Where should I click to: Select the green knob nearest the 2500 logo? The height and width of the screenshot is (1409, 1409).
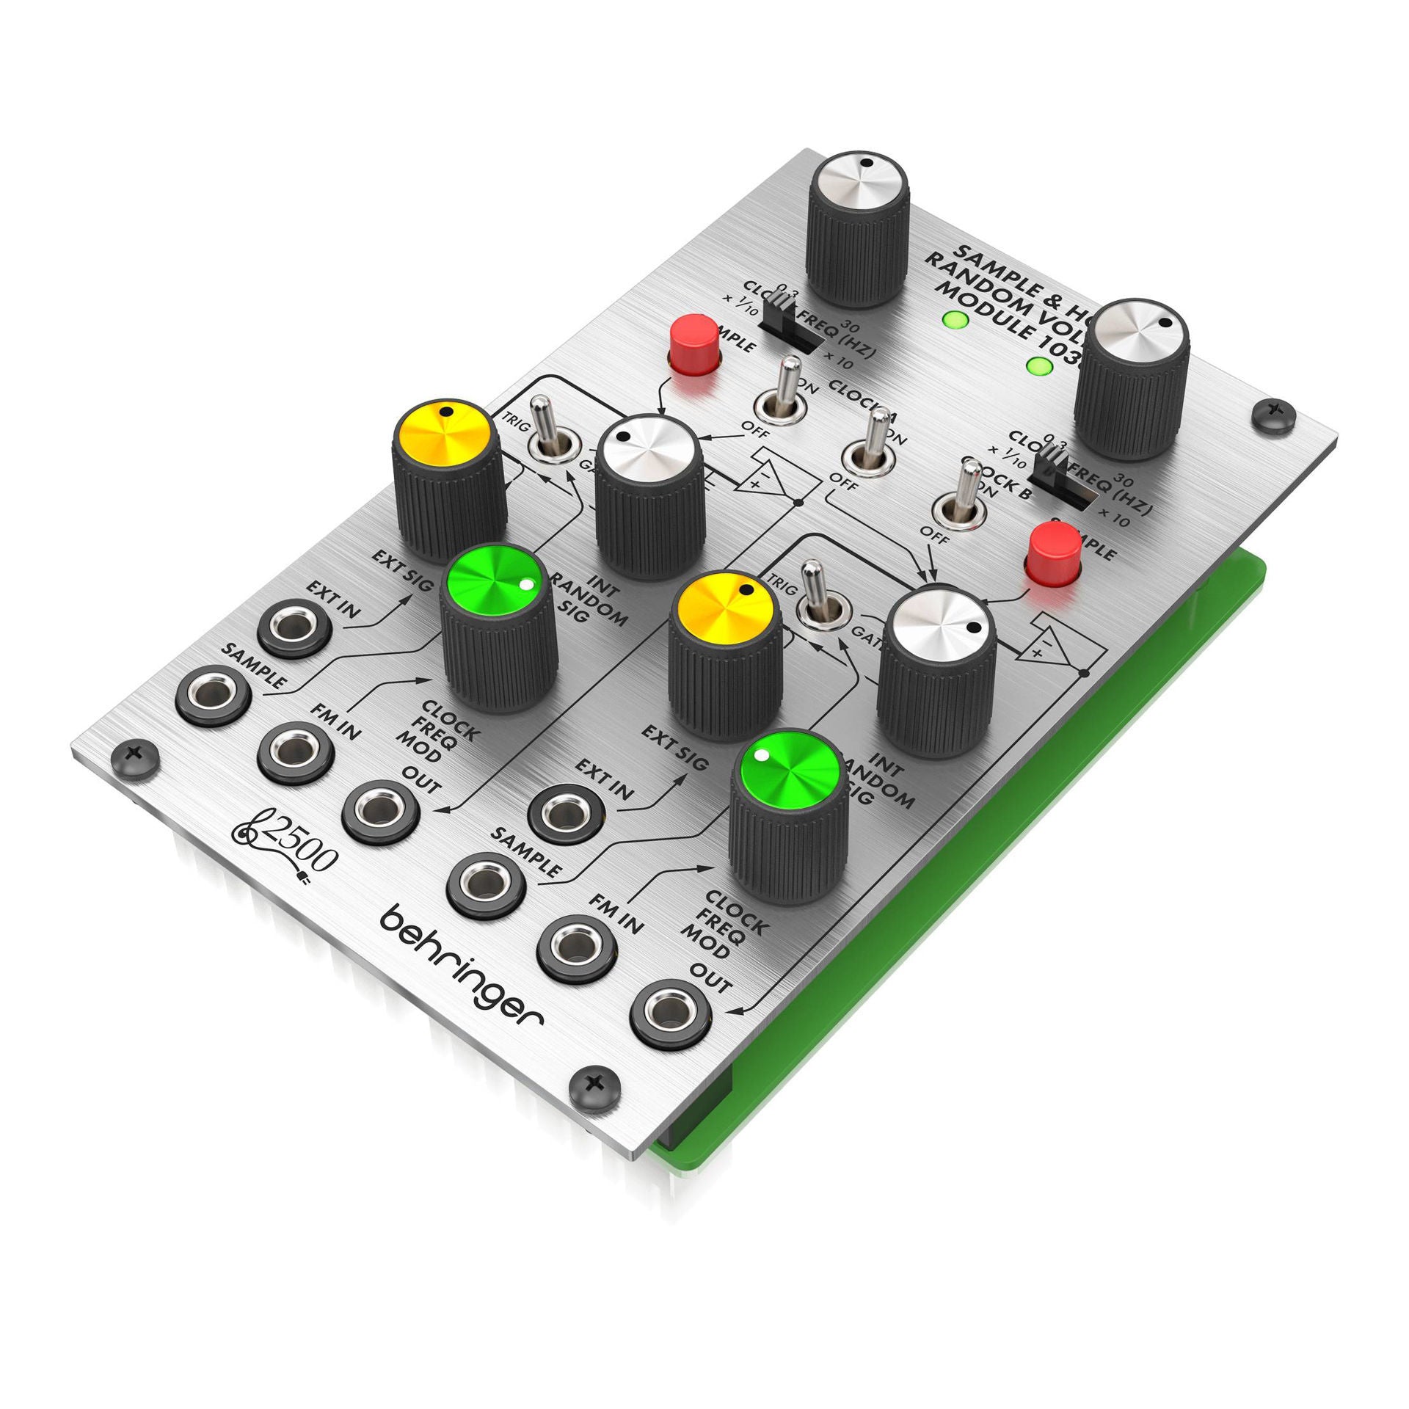click(x=499, y=631)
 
